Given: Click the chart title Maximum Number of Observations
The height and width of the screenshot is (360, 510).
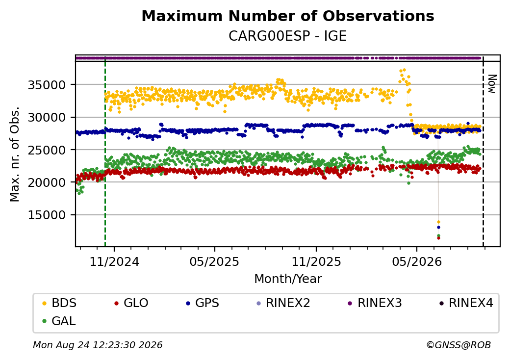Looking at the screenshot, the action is point(288,16).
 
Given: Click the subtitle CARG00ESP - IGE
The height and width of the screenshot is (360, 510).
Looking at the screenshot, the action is point(287,36).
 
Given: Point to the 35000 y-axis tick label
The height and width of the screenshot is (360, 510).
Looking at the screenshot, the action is point(47,85).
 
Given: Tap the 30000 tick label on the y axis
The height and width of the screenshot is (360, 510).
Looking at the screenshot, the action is point(47,117).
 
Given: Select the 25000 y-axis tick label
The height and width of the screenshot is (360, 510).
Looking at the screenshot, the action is point(47,150).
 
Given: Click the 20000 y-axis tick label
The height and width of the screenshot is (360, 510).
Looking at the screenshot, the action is point(47,183).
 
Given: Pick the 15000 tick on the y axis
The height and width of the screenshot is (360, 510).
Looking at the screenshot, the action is point(47,215).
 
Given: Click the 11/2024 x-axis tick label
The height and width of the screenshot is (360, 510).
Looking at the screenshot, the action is point(114,262).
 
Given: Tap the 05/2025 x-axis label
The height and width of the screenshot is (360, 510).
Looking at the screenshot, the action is point(214,262).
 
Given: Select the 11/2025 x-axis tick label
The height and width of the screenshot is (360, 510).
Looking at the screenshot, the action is point(316,262).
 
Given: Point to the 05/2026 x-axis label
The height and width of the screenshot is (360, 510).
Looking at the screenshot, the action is point(417,262).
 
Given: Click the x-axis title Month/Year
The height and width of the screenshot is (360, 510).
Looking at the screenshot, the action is point(288,279).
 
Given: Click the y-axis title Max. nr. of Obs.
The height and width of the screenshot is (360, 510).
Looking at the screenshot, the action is point(15,154).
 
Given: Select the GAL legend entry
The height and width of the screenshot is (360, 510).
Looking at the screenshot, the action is point(59,321).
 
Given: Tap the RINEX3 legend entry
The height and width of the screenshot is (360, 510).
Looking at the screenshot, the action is point(375,303).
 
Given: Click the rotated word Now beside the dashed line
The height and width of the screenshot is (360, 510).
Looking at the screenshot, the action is point(492,84).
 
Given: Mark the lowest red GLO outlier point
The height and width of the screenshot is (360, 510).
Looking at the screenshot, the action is point(438,238).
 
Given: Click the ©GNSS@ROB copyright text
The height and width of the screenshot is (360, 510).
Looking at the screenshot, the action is point(459,345).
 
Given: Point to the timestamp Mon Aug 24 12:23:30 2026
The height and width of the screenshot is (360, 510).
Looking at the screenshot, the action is point(98,345).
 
